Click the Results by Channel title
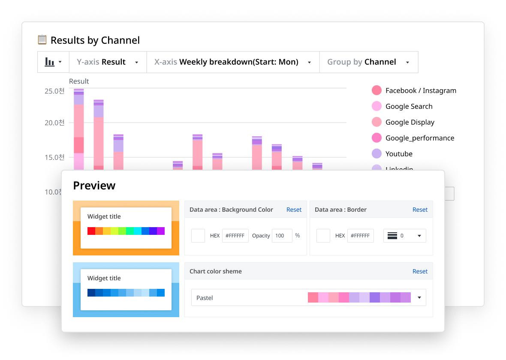coord(95,40)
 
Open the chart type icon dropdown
coord(54,62)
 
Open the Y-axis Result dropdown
coord(108,62)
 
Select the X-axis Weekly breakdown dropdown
coord(233,62)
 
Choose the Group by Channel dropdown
coord(368,62)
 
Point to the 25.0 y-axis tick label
coord(54,91)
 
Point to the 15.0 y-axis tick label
coord(54,157)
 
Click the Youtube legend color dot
coord(376,154)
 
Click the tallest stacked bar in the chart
coord(79,129)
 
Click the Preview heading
coord(94,186)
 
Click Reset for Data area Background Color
coord(294,210)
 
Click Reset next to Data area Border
coord(420,210)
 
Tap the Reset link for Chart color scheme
coord(420,271)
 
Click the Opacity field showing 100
coord(282,236)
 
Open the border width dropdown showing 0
coord(404,236)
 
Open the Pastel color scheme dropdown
coord(308,297)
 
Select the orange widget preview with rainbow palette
coord(126,228)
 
